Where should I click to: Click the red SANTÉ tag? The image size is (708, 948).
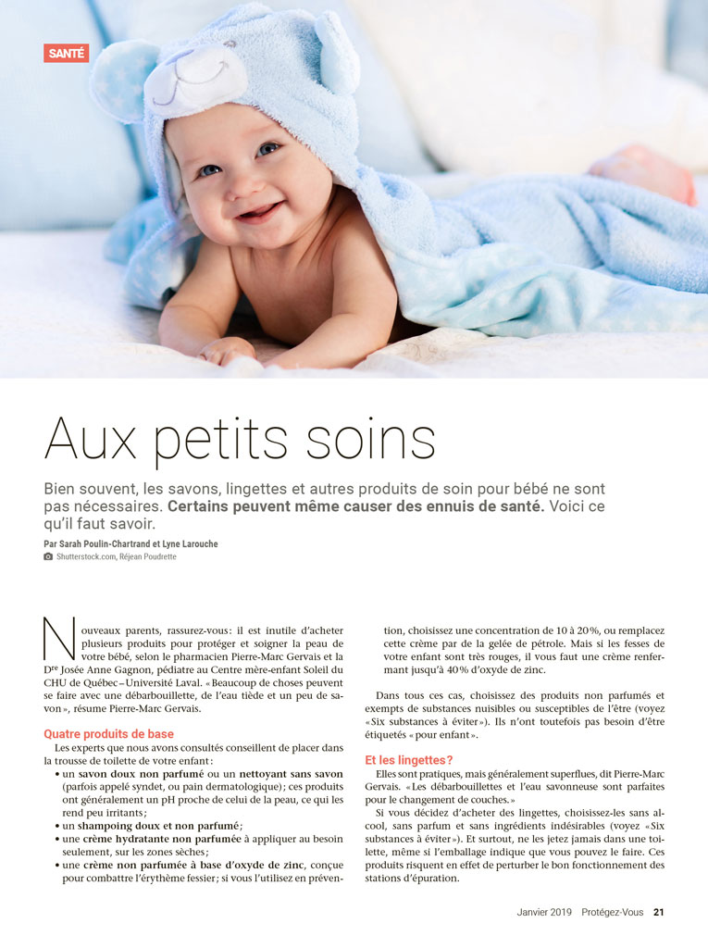[x=66, y=54]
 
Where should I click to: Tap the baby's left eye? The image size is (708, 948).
[x=267, y=149]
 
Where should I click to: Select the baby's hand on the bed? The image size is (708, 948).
[x=227, y=349]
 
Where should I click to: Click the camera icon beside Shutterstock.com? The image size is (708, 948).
[x=48, y=556]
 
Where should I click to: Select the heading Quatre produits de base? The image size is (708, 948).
[x=108, y=734]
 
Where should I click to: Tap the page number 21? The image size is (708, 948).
[x=659, y=912]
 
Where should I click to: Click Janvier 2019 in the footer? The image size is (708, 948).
[x=544, y=912]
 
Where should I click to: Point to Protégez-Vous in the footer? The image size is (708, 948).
[x=614, y=912]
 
